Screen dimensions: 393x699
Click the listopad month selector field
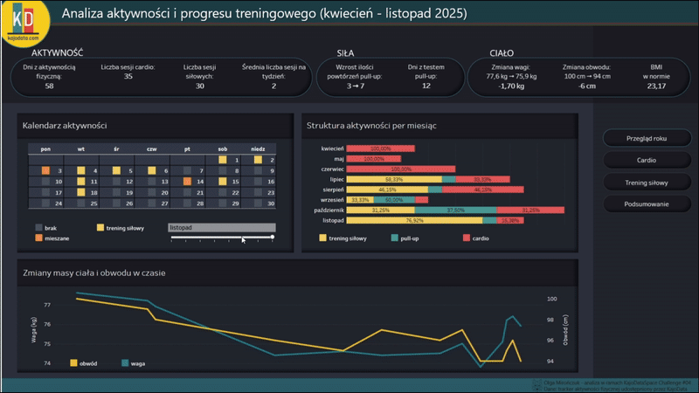click(x=221, y=227)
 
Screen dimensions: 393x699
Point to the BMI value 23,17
click(x=655, y=86)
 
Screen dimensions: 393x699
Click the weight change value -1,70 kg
click(x=512, y=86)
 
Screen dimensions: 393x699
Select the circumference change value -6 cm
click(x=586, y=86)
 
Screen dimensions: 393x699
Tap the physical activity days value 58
click(x=49, y=86)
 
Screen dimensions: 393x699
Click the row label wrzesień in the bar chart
click(x=332, y=199)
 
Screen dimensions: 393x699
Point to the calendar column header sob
click(x=222, y=148)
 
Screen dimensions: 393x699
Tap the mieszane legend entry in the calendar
click(x=57, y=238)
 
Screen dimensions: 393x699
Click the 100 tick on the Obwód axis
click(x=551, y=299)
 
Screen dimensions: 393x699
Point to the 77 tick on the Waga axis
click(x=47, y=306)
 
